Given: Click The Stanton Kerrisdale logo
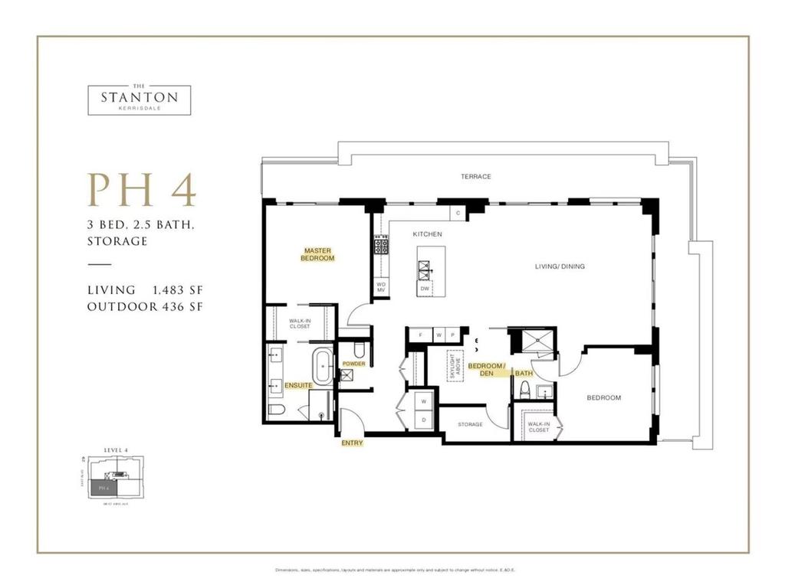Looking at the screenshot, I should pos(139,99).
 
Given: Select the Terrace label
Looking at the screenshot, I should pos(475,177).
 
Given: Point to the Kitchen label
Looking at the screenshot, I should pos(427,234).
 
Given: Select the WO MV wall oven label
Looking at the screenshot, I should pos(380,286).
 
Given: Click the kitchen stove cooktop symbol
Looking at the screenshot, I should pos(381,247).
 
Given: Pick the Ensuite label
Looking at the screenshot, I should pos(297,384).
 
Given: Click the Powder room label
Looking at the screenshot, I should pos(353,364).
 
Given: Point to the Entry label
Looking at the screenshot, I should pos(353,443).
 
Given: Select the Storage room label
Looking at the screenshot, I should pos(470,424).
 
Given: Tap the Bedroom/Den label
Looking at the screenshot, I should pos(488,370).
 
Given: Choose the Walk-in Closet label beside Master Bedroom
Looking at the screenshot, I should pos(300,325).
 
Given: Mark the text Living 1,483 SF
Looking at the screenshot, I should pos(145,290).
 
